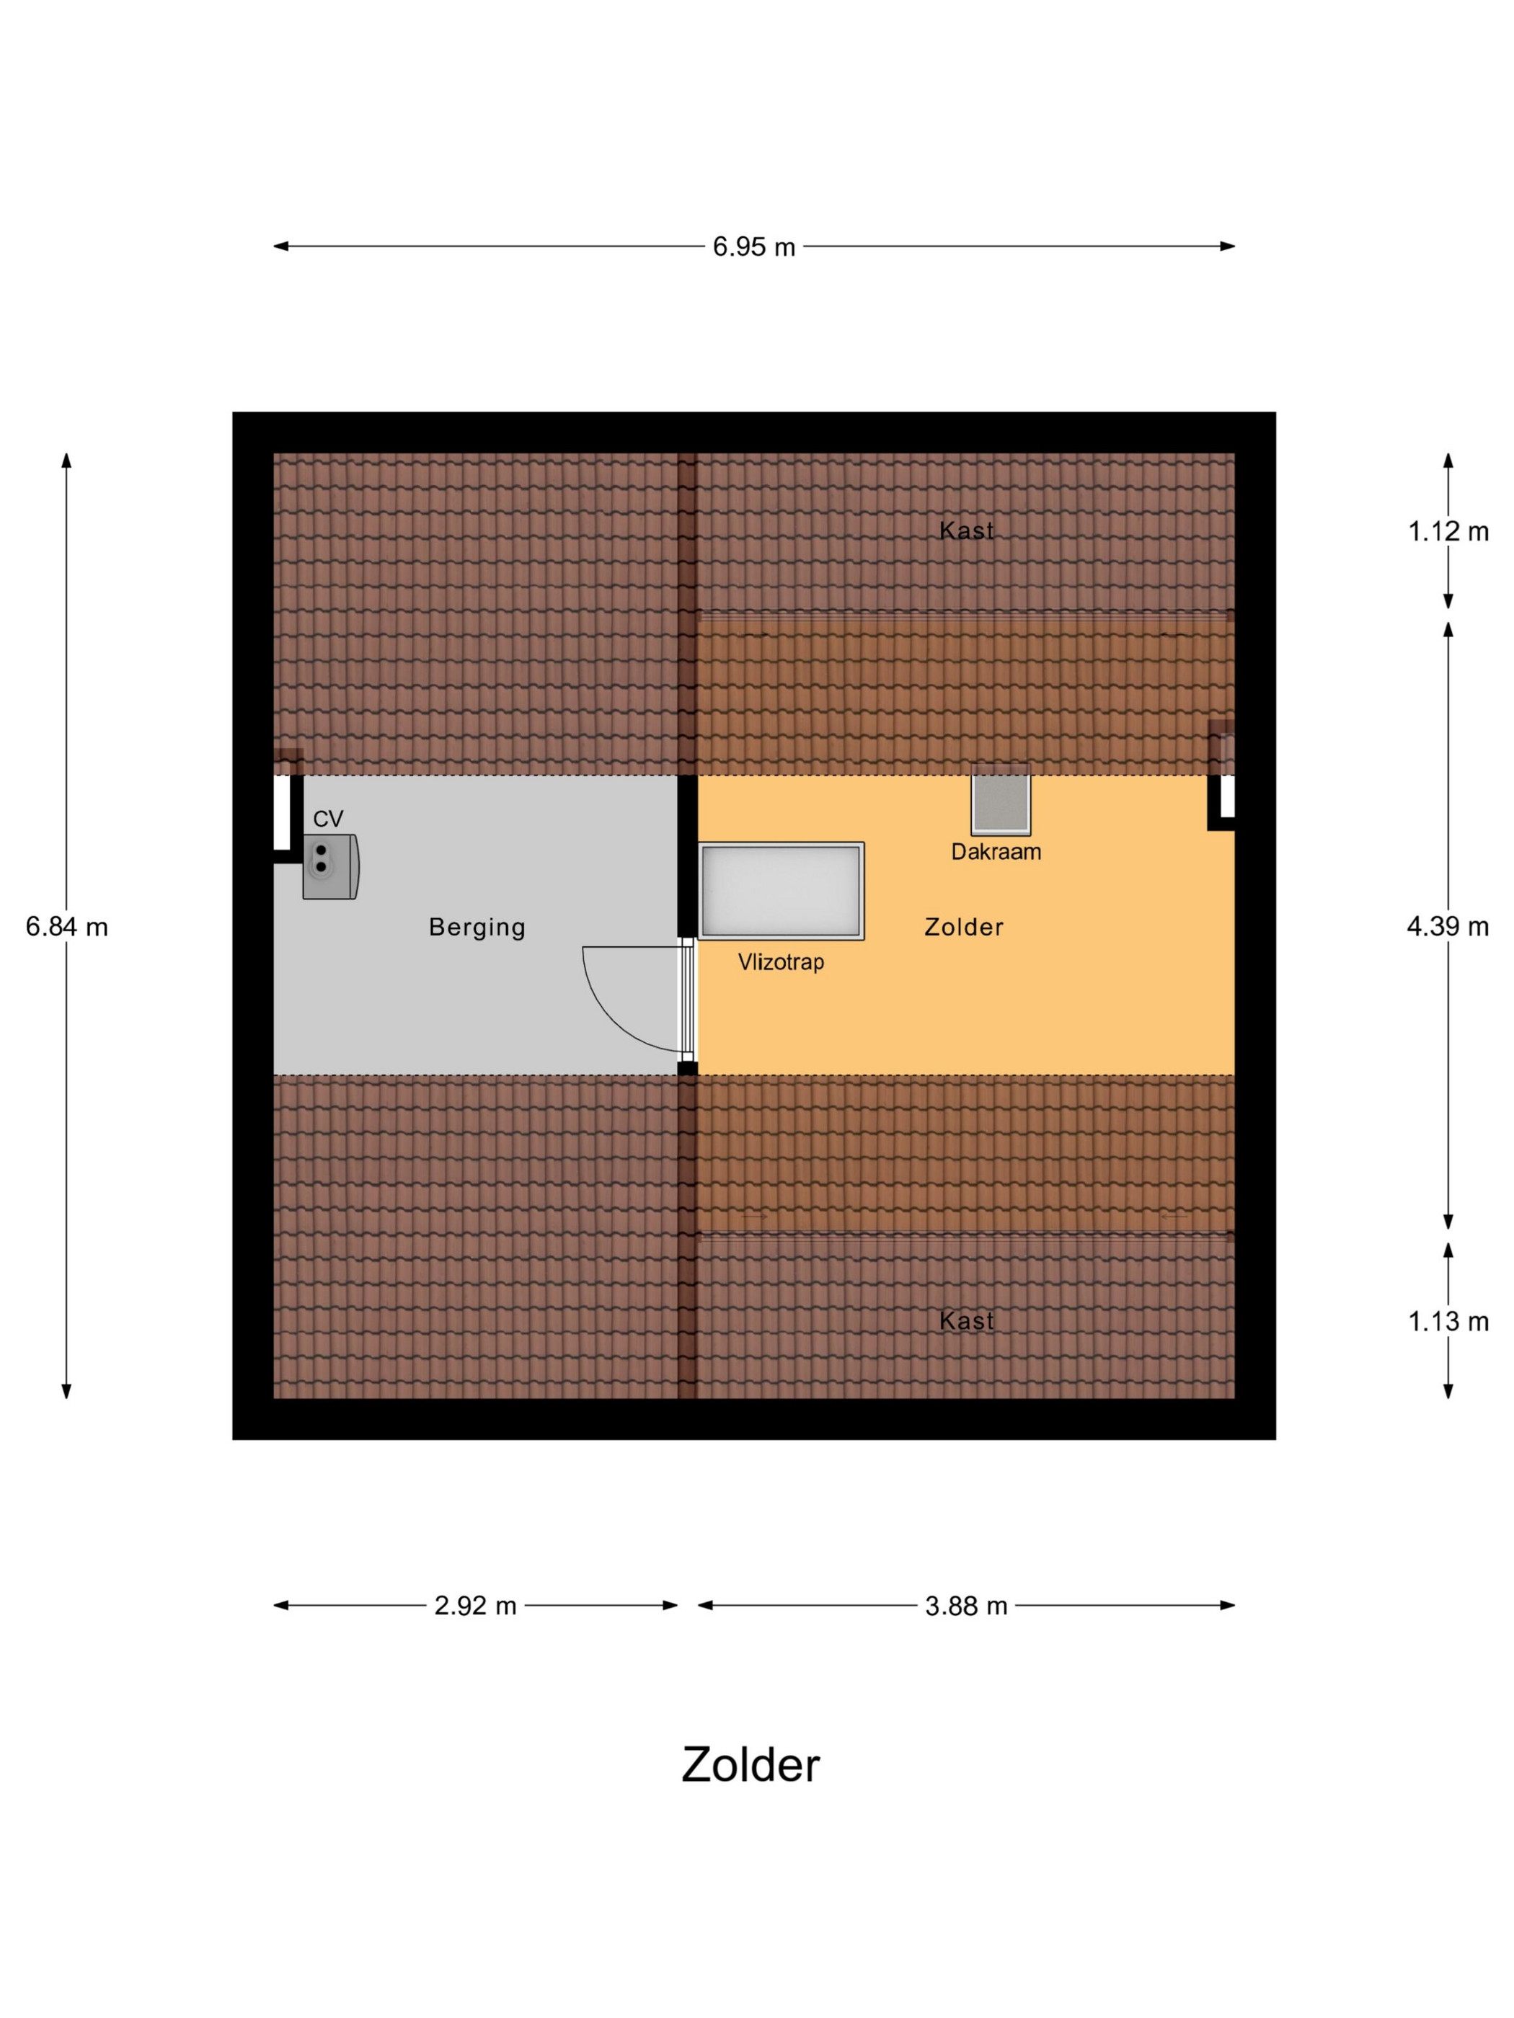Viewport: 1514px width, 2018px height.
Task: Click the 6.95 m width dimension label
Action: click(x=754, y=247)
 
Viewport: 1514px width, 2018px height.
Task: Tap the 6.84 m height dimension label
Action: click(x=66, y=927)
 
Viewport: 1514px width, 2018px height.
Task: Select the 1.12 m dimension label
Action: click(x=1448, y=531)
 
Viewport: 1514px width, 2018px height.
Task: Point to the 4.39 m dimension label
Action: click(x=1448, y=927)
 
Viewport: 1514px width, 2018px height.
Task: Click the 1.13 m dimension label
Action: click(x=1448, y=1321)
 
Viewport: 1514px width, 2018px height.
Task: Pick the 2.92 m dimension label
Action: click(x=475, y=1606)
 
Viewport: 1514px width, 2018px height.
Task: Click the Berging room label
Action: click(x=477, y=928)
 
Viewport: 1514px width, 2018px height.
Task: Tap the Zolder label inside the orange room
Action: click(x=964, y=927)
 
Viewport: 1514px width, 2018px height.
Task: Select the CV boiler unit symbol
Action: click(x=330, y=867)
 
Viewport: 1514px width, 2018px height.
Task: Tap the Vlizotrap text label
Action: click(x=782, y=961)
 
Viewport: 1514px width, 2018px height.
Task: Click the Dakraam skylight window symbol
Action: click(x=1001, y=800)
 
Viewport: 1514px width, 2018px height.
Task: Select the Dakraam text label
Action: click(x=996, y=851)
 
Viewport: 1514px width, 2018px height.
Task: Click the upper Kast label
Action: click(x=967, y=531)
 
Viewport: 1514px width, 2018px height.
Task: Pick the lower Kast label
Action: click(x=967, y=1320)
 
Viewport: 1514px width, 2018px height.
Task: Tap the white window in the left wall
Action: click(x=282, y=813)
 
